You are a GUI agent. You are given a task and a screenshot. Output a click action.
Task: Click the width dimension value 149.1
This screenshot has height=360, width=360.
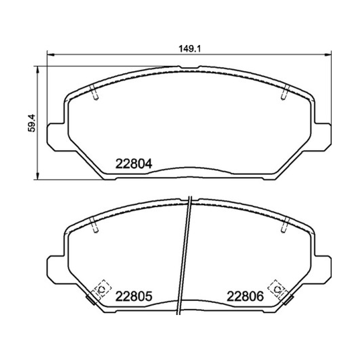click(x=189, y=49)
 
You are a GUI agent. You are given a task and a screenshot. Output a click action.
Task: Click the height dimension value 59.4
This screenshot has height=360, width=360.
click(x=31, y=123)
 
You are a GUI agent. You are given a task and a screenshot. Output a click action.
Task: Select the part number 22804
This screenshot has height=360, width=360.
click(x=134, y=164)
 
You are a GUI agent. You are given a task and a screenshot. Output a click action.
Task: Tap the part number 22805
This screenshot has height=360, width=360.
click(x=134, y=297)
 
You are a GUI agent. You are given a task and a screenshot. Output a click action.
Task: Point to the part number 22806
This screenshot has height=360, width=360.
click(x=245, y=297)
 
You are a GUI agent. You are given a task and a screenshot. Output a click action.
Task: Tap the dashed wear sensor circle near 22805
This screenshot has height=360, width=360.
click(x=101, y=289)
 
